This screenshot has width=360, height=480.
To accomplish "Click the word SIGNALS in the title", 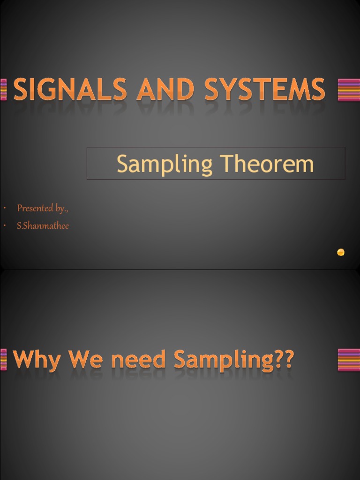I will click(70, 89).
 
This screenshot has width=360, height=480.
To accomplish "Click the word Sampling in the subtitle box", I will click(165, 165).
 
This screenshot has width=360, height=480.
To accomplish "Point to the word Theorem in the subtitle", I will click(268, 164).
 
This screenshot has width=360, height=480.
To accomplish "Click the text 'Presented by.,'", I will click(43, 208).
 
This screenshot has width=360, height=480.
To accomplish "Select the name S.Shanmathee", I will click(43, 226).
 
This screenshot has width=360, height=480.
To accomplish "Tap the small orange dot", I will click(341, 252).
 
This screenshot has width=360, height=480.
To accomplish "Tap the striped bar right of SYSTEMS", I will click(349, 90).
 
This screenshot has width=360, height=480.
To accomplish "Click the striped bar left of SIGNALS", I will click(4, 90).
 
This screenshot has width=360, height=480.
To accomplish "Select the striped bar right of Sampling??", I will click(349, 360).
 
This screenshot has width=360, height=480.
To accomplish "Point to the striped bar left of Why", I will click(4, 360).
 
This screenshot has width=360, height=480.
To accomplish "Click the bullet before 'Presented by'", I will click(4, 209).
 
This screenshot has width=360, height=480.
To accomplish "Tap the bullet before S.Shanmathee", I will click(4, 226).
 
